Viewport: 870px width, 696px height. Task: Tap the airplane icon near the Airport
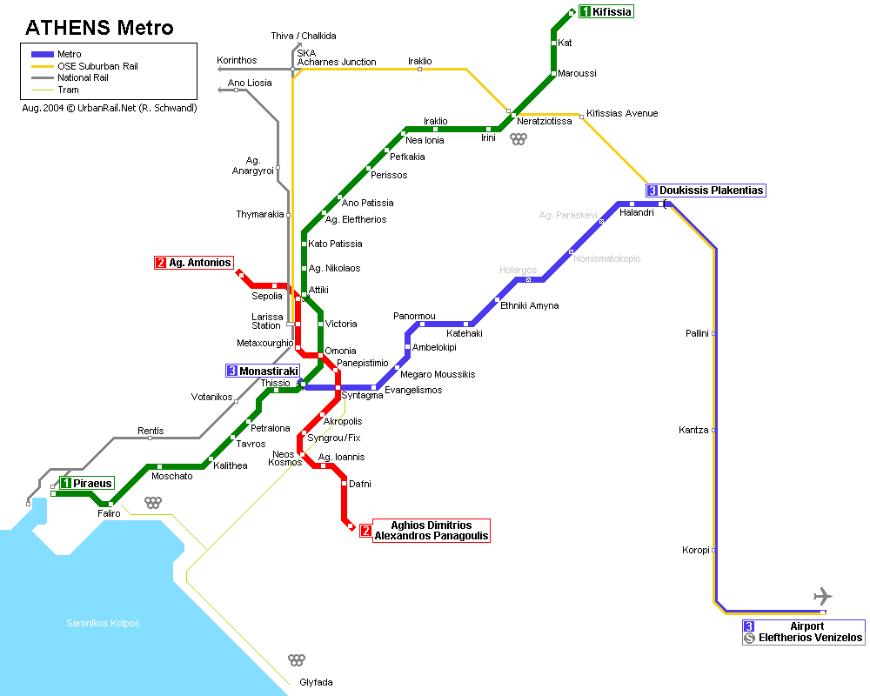pyautogui.click(x=822, y=596)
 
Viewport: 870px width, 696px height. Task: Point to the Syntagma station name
pyautogui.click(x=362, y=396)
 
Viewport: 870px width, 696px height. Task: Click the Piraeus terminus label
pyautogui.click(x=87, y=483)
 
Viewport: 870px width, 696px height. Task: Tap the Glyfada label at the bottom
pyautogui.click(x=316, y=682)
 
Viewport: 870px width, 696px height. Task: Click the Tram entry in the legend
pyautogui.click(x=68, y=90)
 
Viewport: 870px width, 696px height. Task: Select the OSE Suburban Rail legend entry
pyautogui.click(x=97, y=66)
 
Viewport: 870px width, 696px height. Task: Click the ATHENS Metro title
pyautogui.click(x=99, y=28)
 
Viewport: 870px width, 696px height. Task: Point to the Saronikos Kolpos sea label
pyautogui.click(x=103, y=623)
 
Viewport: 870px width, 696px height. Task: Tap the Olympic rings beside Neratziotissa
pyautogui.click(x=519, y=138)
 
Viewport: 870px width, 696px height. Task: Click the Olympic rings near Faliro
pyautogui.click(x=153, y=502)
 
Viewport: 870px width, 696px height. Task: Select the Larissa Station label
pyautogui.click(x=267, y=321)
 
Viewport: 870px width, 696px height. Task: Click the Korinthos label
pyautogui.click(x=237, y=60)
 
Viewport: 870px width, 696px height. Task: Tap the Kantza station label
pyautogui.click(x=693, y=430)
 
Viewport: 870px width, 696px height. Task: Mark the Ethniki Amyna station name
pyautogui.click(x=529, y=305)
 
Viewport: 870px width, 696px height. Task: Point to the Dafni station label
pyautogui.click(x=360, y=483)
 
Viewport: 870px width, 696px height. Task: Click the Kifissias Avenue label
pyautogui.click(x=622, y=113)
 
